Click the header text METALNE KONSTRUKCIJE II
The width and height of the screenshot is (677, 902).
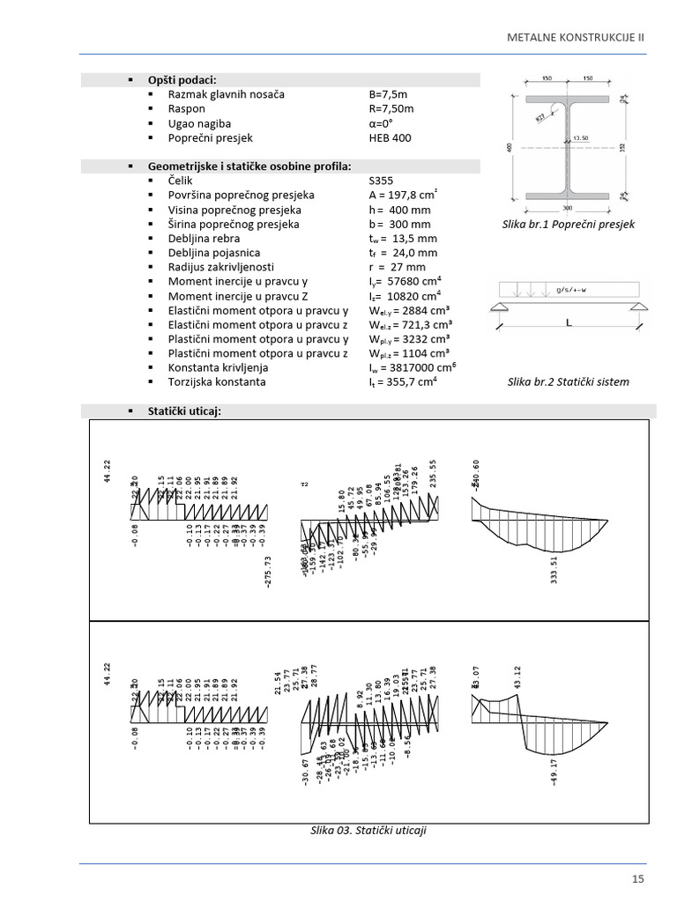[x=577, y=38]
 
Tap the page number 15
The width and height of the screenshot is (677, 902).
[x=637, y=878]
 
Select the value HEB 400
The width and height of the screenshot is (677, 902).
[x=390, y=138]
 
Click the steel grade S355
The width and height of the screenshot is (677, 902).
[x=382, y=181]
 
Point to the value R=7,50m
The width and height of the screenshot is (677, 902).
[x=391, y=109]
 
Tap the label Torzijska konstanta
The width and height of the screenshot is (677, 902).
[x=216, y=382]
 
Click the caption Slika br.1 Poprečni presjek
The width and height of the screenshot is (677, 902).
[x=568, y=225]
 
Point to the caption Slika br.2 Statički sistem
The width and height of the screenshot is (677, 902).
[x=569, y=381]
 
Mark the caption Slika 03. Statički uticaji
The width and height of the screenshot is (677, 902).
[x=368, y=831]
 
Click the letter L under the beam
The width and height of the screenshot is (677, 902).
[x=569, y=323]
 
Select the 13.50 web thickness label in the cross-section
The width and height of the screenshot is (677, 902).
[x=580, y=138]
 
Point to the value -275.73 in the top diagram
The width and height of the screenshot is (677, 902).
[x=269, y=571]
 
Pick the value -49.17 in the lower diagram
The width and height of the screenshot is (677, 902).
[x=554, y=770]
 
